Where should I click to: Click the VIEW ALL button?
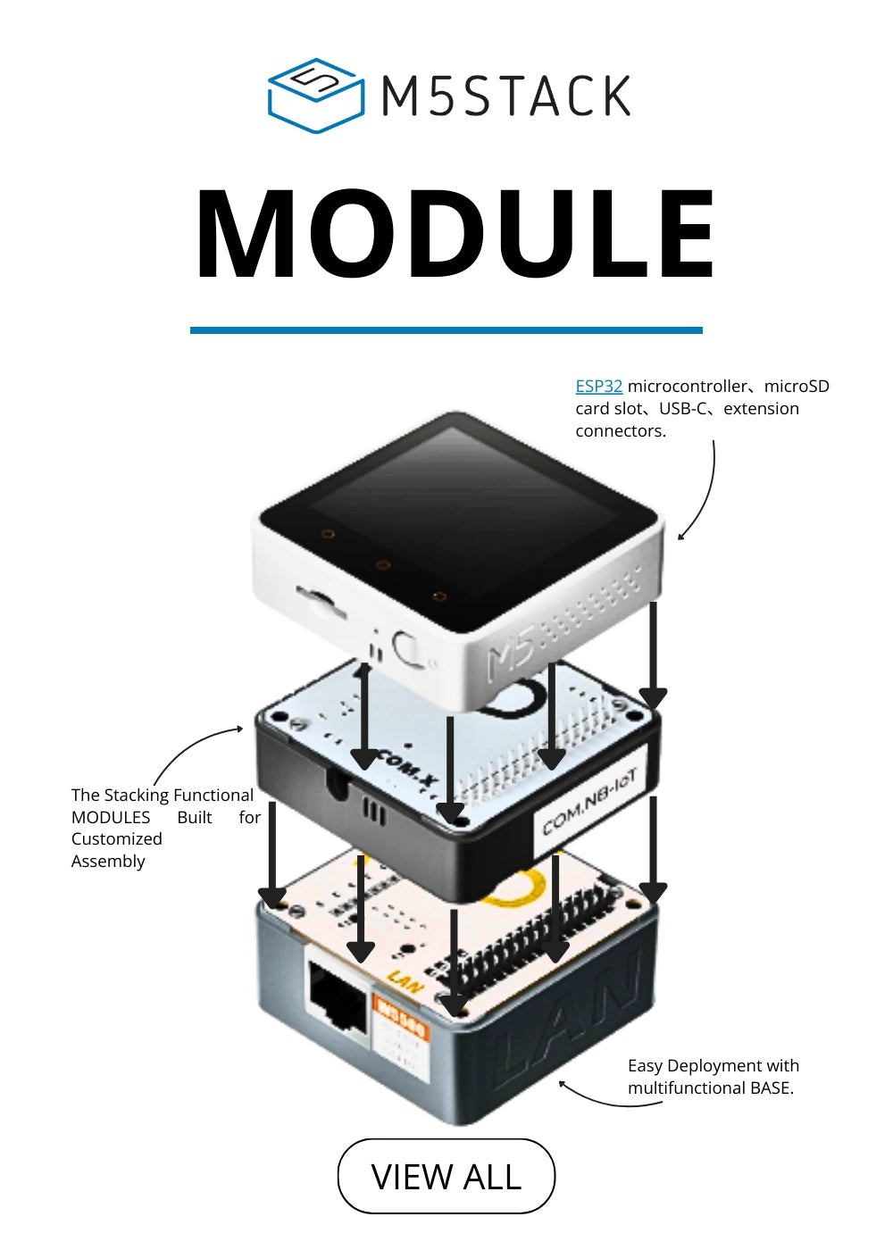coord(446,1176)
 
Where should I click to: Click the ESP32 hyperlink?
coord(598,387)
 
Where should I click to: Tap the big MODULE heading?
coord(455,236)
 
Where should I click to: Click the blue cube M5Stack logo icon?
coord(315,96)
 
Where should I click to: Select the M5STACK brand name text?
coord(506,96)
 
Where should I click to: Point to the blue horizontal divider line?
coord(446,330)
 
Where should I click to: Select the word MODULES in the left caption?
coord(111,818)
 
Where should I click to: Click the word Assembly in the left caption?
coord(108,862)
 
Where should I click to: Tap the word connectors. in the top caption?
coord(621,431)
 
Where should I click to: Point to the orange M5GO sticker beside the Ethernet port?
coord(401,1021)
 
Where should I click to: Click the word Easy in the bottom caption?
coord(645,1066)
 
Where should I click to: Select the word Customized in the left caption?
coord(117,839)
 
